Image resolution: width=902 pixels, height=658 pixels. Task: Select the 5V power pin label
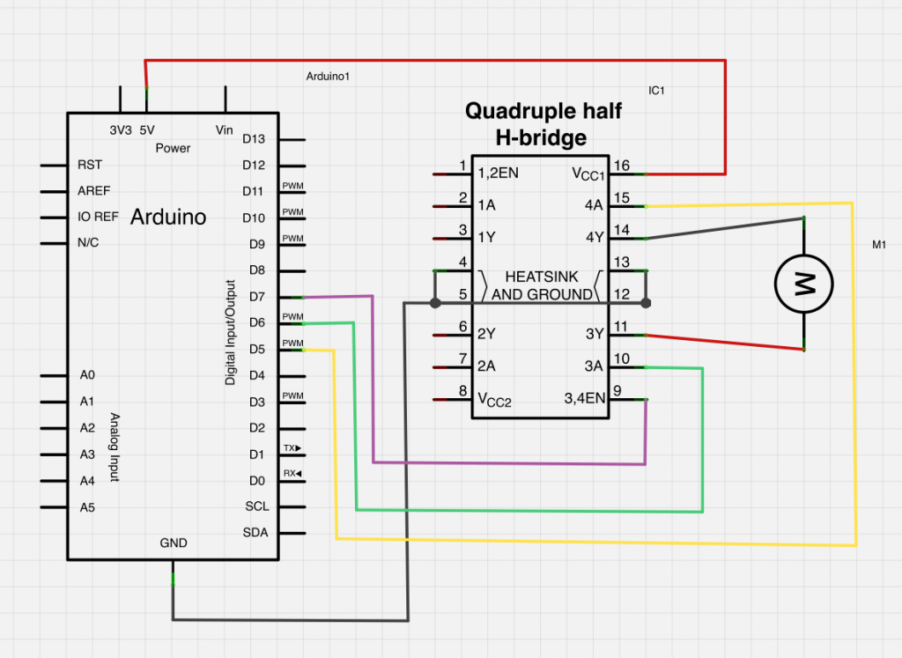point(147,129)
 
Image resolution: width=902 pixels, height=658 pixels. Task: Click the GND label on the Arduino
point(174,543)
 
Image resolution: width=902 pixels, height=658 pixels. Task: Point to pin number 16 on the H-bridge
point(622,166)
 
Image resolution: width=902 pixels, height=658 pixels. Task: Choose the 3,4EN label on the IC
point(584,398)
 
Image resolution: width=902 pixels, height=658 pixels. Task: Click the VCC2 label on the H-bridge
point(494,400)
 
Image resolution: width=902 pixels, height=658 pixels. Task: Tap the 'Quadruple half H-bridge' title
point(543,124)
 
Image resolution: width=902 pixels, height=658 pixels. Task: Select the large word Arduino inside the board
point(168,217)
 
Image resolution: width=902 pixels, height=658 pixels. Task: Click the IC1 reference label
point(656,90)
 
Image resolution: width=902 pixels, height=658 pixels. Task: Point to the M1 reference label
point(878,246)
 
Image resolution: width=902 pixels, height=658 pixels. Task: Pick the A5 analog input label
point(87,507)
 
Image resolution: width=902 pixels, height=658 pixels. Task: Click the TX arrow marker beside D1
point(292,448)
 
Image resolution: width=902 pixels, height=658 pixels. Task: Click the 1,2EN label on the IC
point(498,174)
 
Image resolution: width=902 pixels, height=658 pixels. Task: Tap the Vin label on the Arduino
point(225,129)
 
